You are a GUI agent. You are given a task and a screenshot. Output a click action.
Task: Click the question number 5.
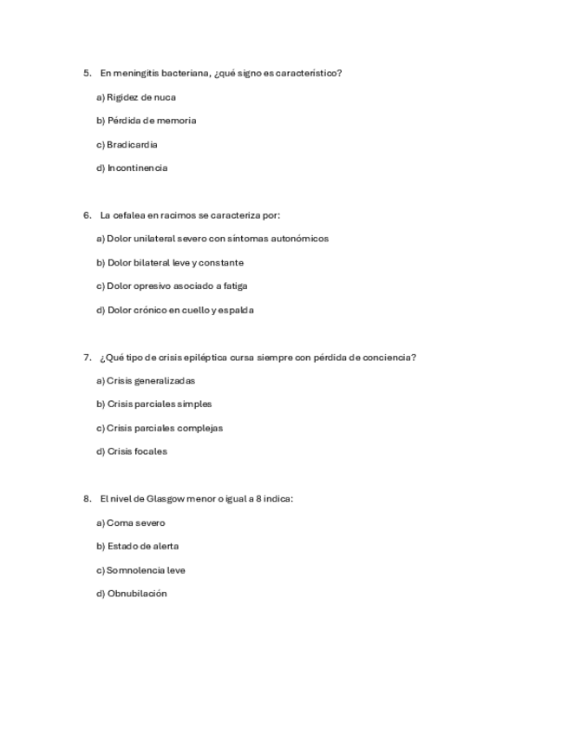coord(87,73)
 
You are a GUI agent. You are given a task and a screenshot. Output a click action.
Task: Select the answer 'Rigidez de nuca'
coord(140,97)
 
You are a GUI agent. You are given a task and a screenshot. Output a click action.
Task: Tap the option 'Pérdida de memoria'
coord(151,121)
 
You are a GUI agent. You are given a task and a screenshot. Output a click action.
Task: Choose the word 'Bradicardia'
coord(132,144)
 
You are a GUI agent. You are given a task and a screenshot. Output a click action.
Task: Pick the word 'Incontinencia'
coord(137,168)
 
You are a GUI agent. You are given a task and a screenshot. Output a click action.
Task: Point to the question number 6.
coord(87,215)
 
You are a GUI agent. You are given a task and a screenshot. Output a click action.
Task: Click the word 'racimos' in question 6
coord(179,215)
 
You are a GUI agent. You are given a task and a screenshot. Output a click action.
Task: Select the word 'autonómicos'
coord(300,239)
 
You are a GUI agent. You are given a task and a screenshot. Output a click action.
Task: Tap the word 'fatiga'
coord(235,286)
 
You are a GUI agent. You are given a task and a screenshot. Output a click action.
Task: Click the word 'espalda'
coord(237,310)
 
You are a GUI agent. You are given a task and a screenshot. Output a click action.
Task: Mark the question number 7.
coord(87,357)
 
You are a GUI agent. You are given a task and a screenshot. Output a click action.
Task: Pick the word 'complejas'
coord(200,428)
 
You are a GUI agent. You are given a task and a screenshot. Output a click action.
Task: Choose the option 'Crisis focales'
coord(137,451)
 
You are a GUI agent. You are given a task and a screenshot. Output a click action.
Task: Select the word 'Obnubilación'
coord(137,594)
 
